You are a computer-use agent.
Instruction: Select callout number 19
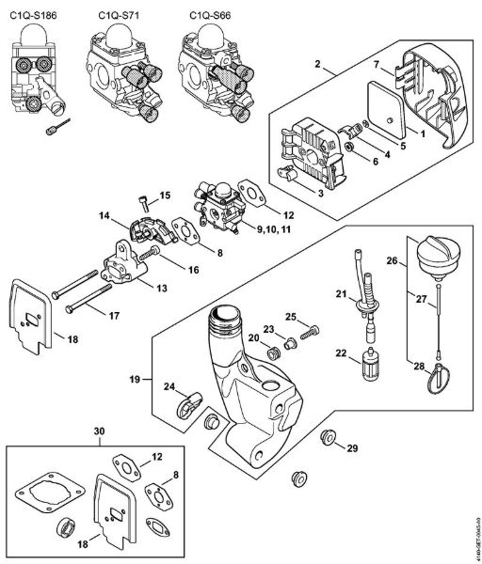point(136,379)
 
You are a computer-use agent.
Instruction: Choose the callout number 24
point(169,385)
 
